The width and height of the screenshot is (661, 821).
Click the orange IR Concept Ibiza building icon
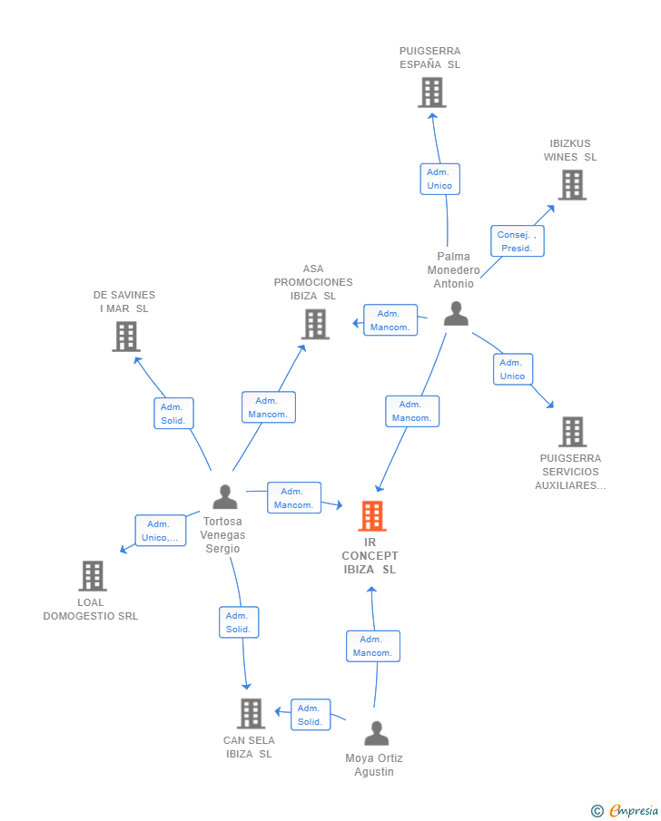click(x=371, y=516)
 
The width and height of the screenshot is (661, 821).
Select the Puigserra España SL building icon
click(x=431, y=93)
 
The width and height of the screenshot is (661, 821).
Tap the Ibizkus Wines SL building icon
click(x=571, y=185)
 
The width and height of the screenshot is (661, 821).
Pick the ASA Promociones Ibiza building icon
click(x=315, y=324)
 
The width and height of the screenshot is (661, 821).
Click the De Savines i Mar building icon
click(x=125, y=337)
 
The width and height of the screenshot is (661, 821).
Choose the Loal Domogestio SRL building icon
click(x=92, y=576)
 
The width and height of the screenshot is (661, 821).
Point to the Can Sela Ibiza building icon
click(x=251, y=714)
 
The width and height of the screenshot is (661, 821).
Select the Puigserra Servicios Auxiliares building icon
click(x=571, y=432)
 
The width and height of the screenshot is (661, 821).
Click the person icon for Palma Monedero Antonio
click(x=456, y=314)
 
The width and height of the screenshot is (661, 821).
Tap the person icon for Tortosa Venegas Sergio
click(x=224, y=497)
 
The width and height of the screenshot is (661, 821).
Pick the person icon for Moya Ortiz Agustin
click(x=376, y=733)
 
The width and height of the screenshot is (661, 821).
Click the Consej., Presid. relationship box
click(x=517, y=241)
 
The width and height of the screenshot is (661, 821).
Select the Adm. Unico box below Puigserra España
click(x=439, y=179)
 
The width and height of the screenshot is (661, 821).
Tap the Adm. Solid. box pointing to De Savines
click(x=173, y=414)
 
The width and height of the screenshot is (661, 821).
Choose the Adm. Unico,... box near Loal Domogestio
click(x=161, y=531)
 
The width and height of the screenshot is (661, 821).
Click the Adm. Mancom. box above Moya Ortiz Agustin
click(x=372, y=646)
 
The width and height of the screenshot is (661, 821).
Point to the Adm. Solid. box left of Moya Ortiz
click(x=311, y=715)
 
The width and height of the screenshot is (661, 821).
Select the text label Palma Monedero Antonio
click(x=453, y=270)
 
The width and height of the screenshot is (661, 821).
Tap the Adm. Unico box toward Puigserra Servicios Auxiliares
click(x=512, y=369)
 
